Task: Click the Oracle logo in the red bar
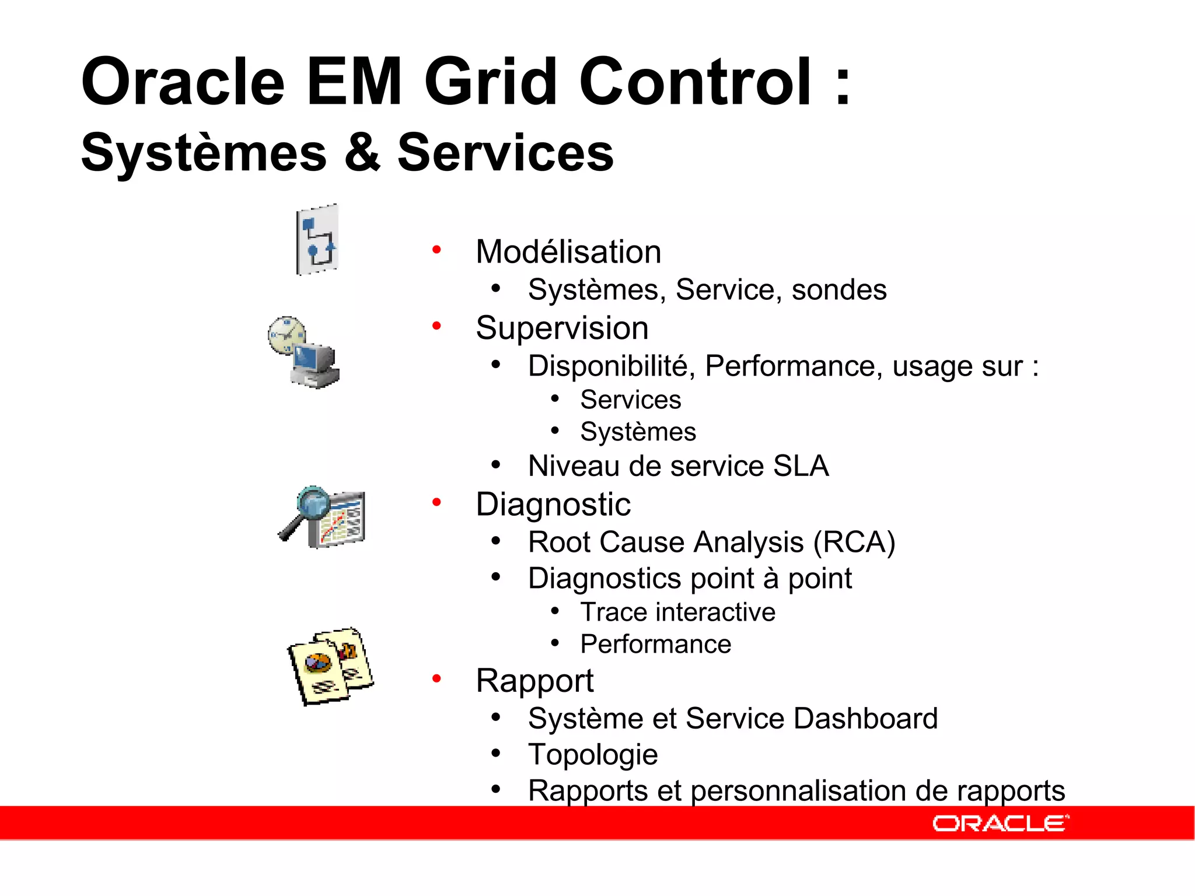coord(1000,823)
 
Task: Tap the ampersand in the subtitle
coord(362,153)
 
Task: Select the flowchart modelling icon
coord(317,240)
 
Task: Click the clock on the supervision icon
coord(286,335)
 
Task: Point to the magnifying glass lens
coord(313,502)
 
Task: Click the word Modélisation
coord(568,252)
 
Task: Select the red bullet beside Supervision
coord(436,325)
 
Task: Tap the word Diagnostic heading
coord(553,504)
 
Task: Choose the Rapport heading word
coord(534,680)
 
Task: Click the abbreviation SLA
coord(801,466)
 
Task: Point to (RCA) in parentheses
coord(854,542)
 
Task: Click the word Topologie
coord(593,754)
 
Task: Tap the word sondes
coord(838,290)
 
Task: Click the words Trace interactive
coord(677,612)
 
